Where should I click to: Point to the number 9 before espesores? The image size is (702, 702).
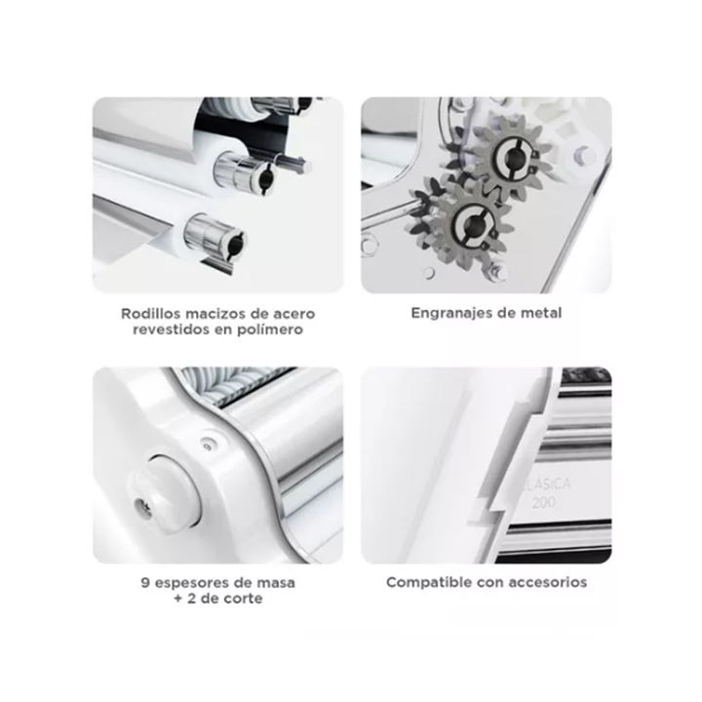click(145, 583)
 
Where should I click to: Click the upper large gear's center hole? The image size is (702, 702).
click(514, 155)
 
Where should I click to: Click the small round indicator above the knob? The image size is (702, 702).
click(208, 445)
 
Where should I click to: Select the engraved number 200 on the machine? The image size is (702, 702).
click(544, 502)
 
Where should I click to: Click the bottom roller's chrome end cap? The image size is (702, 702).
click(214, 236)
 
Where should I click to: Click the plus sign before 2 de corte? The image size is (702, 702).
click(178, 599)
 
